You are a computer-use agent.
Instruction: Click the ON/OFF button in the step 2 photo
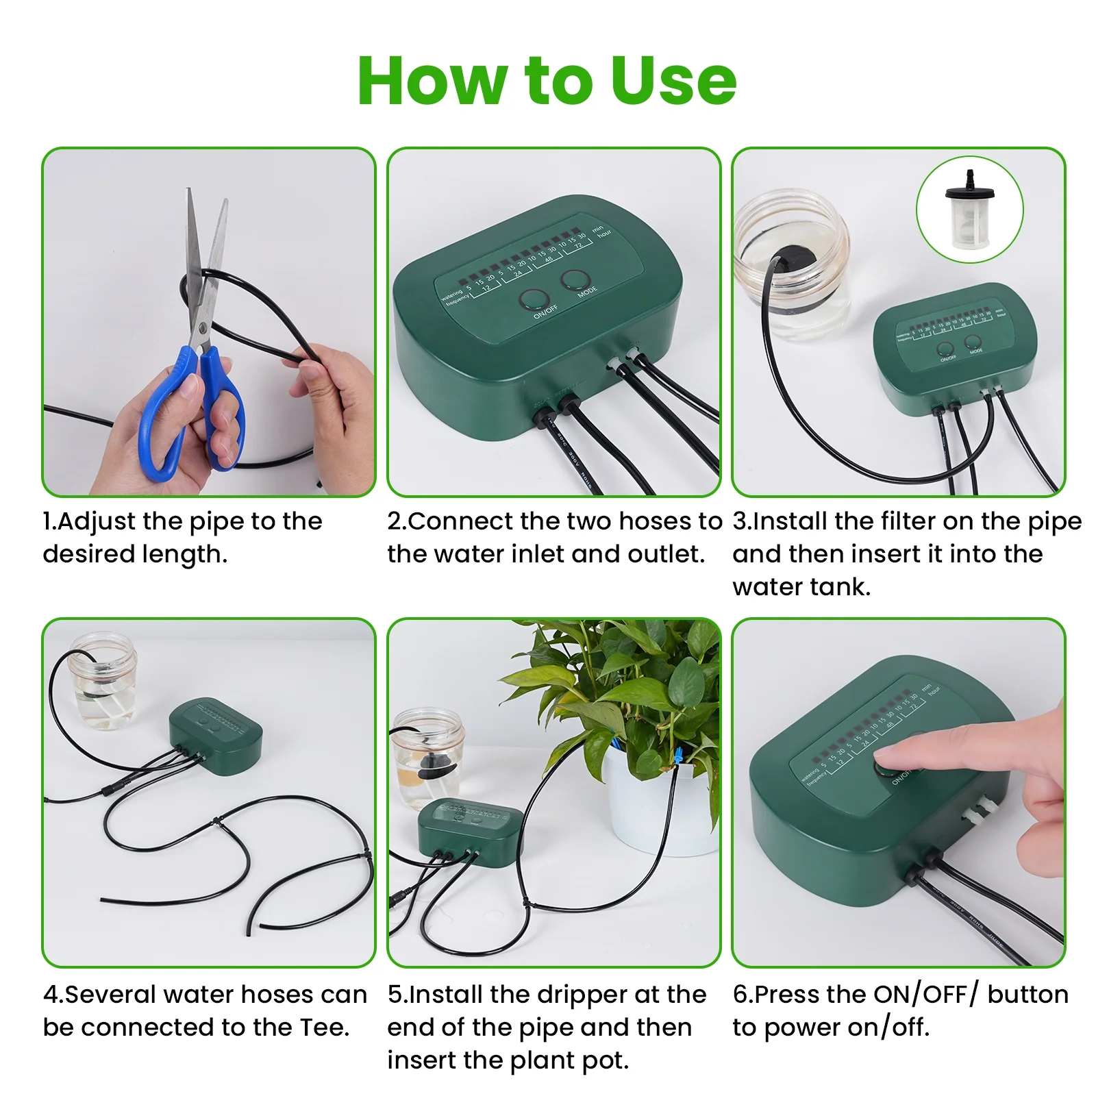coord(534,300)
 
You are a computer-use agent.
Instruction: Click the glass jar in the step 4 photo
coord(104,682)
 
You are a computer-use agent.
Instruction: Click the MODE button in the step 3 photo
coord(973,342)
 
